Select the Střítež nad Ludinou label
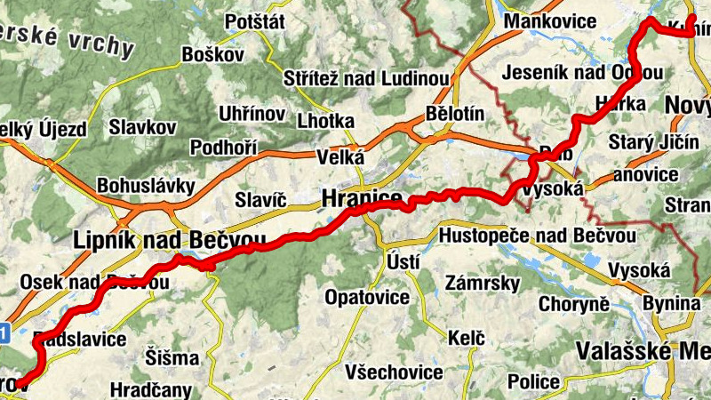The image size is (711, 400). [365, 78]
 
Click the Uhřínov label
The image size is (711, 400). [252, 114]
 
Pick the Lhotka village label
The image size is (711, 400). [325, 121]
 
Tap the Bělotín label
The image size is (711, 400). [455, 115]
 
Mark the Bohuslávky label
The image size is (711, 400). [146, 187]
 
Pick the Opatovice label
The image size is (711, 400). [367, 296]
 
